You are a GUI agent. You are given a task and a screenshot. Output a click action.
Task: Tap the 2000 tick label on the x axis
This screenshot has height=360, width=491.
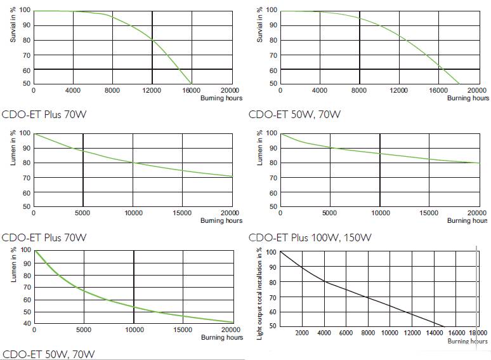302,333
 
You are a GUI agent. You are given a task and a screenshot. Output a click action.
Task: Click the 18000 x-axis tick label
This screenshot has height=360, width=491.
477,333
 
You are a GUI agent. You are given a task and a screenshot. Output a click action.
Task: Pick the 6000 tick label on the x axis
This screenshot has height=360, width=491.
346,333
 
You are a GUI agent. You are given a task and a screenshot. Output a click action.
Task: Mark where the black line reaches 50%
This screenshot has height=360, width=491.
445,326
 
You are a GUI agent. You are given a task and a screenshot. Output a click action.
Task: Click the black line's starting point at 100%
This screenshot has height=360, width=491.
280,252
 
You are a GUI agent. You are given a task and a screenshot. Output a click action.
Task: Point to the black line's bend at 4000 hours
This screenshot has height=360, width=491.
324,281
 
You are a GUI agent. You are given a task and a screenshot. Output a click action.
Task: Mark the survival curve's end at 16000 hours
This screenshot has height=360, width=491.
192,83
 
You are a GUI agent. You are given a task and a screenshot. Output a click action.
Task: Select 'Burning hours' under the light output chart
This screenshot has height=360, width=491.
468,342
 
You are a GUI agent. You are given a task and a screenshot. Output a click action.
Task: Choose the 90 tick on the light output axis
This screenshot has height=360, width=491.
271,267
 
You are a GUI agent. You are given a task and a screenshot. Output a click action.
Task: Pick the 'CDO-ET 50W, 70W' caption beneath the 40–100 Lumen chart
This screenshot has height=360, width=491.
48,354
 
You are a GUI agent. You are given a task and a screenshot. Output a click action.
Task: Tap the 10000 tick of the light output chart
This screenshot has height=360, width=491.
390,333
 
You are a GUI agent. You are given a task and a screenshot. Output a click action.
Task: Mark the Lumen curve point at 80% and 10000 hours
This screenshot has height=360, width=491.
133,163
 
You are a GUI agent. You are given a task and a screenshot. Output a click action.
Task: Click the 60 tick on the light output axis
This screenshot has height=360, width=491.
271,312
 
